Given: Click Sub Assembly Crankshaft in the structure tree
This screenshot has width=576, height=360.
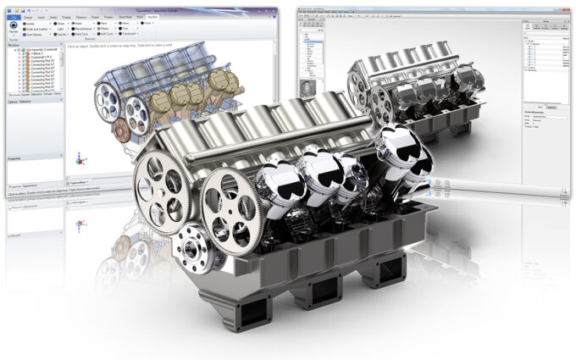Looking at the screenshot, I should pos(42,51).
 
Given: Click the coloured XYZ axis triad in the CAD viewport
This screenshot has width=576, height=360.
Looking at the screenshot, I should pos(80,158).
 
